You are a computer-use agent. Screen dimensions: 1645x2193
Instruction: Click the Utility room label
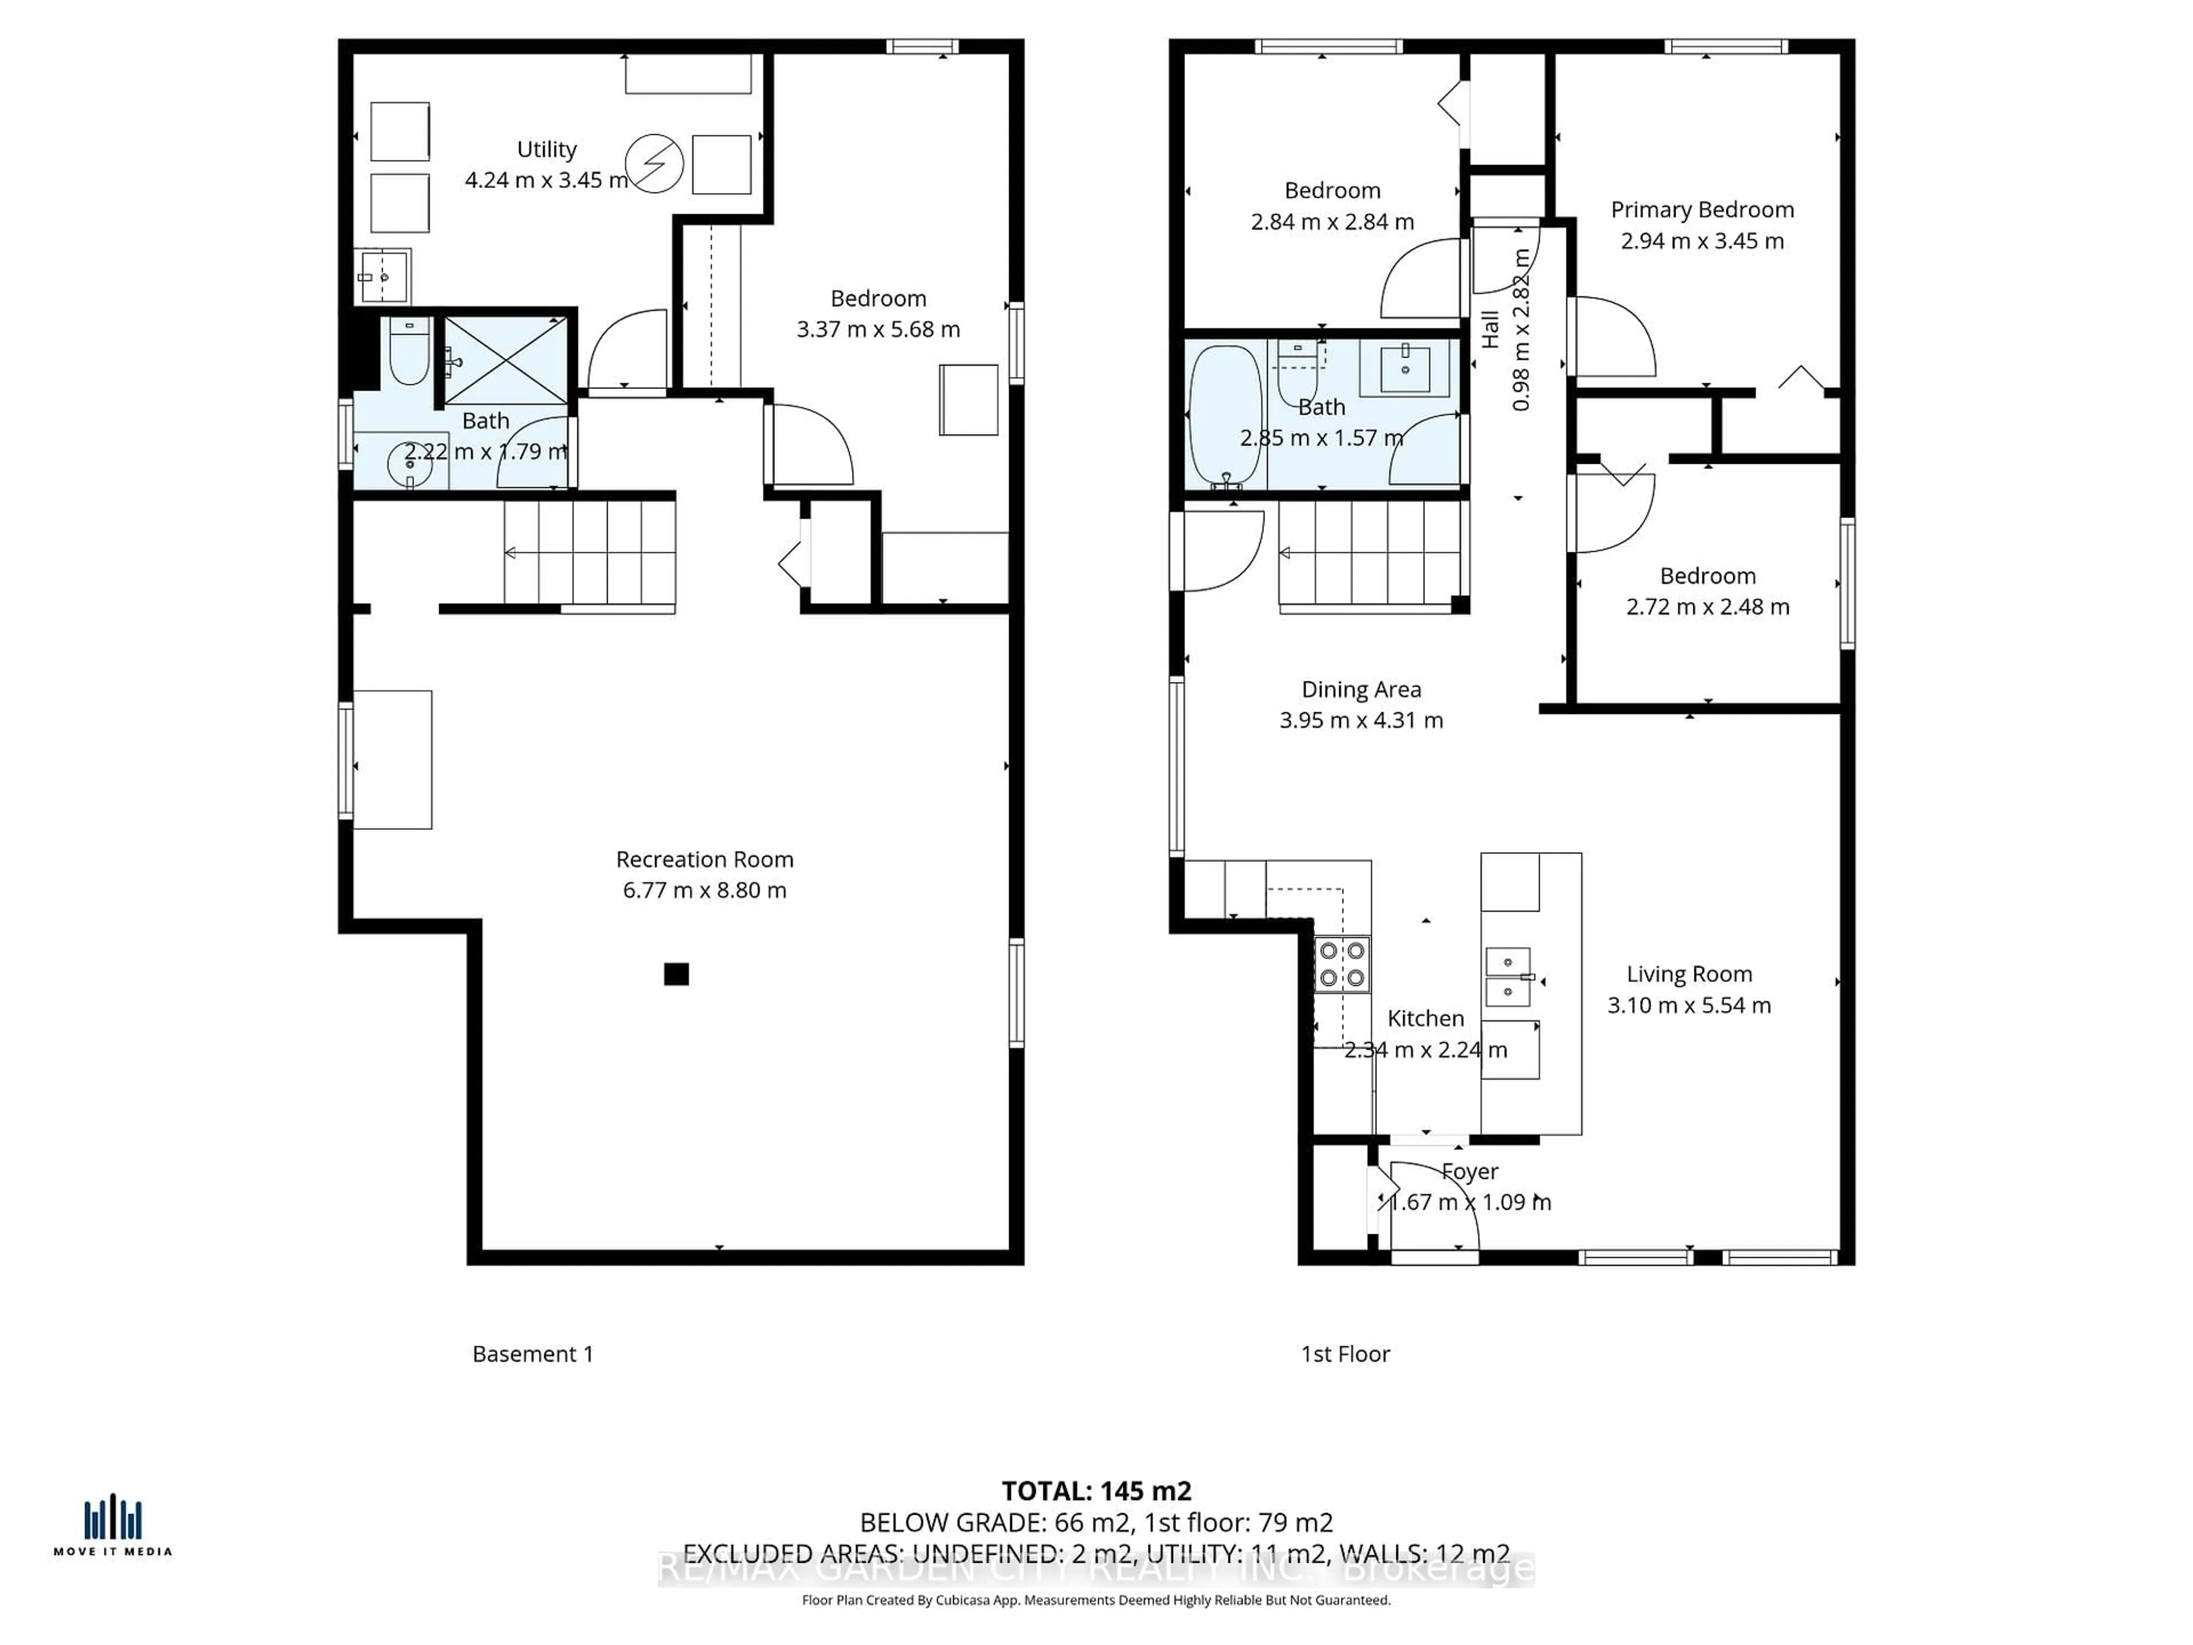click(x=547, y=150)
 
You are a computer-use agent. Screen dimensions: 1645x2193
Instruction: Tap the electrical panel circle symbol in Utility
click(x=654, y=163)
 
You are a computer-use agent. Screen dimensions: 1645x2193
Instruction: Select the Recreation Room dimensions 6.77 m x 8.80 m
click(x=704, y=890)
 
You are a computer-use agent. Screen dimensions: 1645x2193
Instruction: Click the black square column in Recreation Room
click(x=676, y=974)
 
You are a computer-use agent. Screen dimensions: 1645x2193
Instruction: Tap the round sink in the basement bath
click(x=408, y=464)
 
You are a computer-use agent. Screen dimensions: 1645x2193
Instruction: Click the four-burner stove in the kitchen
click(x=1343, y=965)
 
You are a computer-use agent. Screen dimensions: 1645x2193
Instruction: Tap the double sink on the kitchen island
click(x=1508, y=977)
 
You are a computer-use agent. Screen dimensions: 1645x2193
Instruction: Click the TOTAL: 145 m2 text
click(x=1096, y=1491)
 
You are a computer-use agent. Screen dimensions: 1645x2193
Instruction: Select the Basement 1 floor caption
click(x=532, y=1354)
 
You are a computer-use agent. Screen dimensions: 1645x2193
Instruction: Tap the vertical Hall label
click(x=1490, y=330)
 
